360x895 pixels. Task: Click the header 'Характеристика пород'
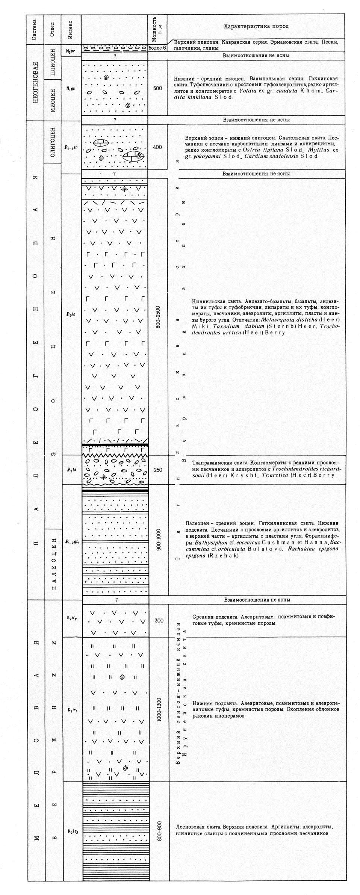tap(256, 26)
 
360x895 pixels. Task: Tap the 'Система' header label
tap(35, 29)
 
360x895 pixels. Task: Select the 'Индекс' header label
tap(71, 29)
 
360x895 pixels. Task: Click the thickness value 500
tap(157, 88)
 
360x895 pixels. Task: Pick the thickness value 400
tap(157, 147)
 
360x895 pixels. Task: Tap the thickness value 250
tap(158, 469)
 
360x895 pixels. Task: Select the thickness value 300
tap(159, 620)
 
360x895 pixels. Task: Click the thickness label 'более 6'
tap(157, 48)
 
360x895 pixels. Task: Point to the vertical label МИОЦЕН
tap(53, 100)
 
